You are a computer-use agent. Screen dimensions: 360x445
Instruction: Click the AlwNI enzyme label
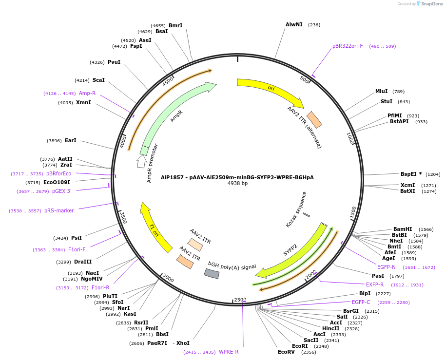294,24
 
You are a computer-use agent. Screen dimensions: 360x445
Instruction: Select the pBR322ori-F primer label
348,46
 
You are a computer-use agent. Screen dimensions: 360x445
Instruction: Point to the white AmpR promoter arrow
141,161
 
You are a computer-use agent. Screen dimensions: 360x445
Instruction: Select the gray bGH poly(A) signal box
212,273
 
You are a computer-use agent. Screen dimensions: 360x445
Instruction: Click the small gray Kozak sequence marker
306,215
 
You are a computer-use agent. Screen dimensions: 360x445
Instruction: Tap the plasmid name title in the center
237,177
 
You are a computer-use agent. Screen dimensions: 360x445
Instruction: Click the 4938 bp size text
237,184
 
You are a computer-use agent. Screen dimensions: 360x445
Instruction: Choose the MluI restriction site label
382,91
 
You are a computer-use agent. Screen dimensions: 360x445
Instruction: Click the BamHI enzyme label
403,229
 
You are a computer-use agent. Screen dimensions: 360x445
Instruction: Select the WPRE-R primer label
229,352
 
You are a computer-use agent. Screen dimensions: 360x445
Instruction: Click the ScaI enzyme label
98,80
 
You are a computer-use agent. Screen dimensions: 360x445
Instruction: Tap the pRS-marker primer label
59,211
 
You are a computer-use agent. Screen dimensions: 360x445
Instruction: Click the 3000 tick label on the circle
168,279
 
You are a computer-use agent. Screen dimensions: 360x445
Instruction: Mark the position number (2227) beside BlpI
384,294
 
